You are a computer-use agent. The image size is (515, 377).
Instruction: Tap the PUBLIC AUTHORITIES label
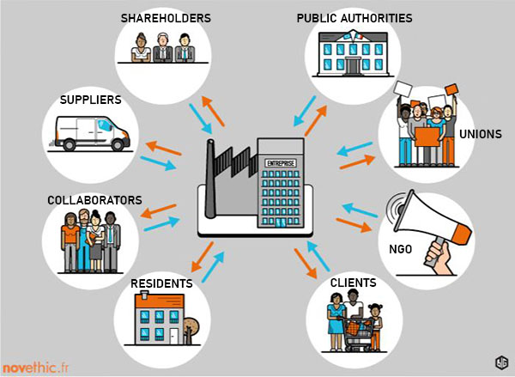click(x=354, y=18)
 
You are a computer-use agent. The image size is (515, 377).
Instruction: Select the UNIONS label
click(x=481, y=135)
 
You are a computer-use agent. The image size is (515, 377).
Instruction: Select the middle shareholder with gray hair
click(x=161, y=48)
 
